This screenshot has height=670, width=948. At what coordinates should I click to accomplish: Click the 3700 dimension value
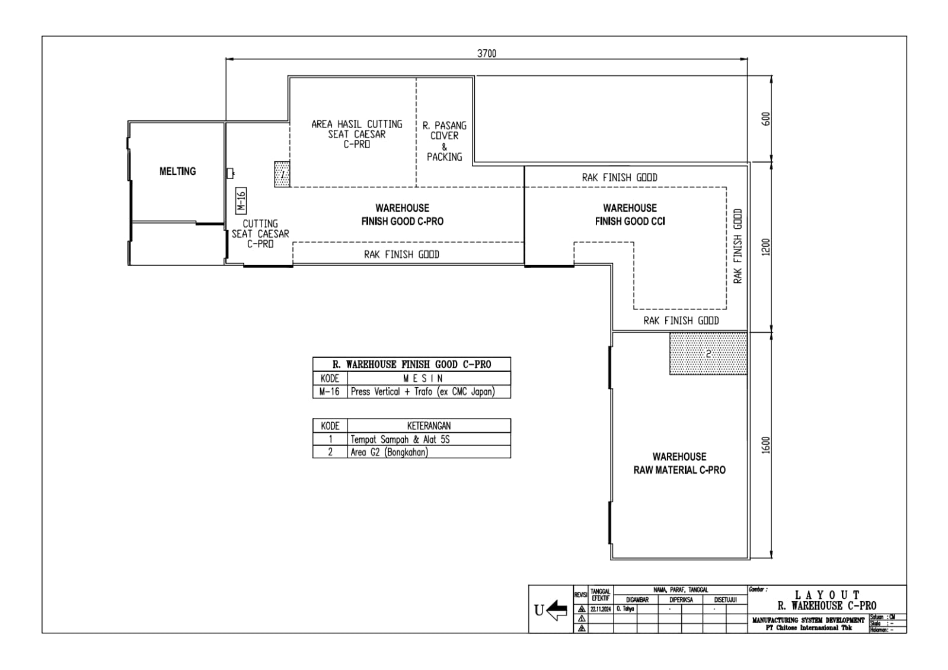pos(487,53)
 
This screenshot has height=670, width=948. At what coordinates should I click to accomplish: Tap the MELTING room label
pos(177,171)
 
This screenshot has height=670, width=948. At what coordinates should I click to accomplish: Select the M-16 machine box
pos(241,201)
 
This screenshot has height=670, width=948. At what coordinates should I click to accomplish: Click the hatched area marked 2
pos(708,354)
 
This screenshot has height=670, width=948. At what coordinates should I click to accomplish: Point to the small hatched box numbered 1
pos(282,174)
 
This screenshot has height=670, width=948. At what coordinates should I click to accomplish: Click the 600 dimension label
pos(765,119)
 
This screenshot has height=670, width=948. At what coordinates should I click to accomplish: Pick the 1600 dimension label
pos(765,445)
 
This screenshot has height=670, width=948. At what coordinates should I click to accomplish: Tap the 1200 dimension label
pos(765,247)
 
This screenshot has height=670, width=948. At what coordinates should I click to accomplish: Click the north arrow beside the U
pos(556,610)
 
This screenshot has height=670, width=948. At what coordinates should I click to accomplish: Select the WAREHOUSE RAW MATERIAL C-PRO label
pos(679,463)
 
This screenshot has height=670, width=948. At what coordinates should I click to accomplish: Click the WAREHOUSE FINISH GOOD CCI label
pos(630,215)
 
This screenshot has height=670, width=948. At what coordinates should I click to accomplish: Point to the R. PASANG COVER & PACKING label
pos(444,141)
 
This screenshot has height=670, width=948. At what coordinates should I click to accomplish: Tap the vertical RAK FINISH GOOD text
pos(738,246)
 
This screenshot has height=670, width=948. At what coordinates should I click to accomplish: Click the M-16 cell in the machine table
pos(330,392)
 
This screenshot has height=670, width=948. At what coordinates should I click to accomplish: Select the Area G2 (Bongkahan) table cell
pos(389,452)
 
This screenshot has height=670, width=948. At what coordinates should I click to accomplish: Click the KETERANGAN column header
pos(429,426)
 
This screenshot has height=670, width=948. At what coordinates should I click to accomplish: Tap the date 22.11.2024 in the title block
pos(601,610)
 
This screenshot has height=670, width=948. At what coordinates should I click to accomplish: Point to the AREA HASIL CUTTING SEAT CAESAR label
pos(357,134)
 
